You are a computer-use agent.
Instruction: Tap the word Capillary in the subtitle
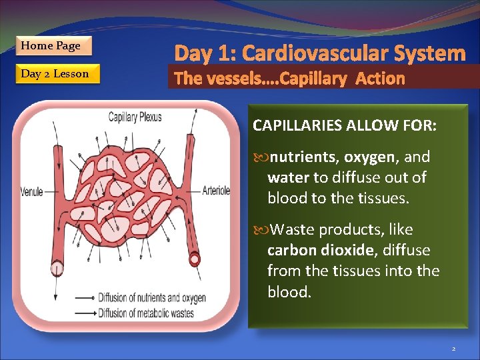[x=314, y=79]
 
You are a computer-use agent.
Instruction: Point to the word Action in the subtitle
[x=380, y=79]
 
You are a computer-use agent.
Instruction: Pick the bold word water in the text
[x=287, y=178]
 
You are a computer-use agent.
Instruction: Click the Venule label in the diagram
[x=31, y=192]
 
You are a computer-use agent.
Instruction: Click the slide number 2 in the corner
[x=453, y=349]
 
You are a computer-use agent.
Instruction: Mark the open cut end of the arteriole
[x=195, y=257]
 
